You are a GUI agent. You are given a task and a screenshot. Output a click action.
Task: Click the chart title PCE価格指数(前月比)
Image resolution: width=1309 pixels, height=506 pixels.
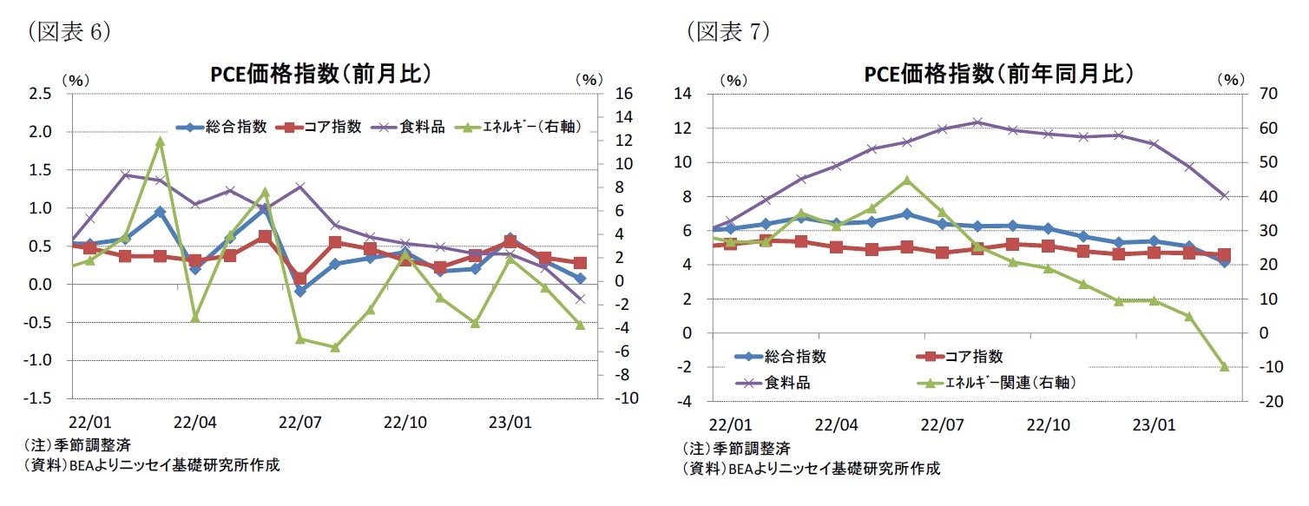pyautogui.click(x=321, y=74)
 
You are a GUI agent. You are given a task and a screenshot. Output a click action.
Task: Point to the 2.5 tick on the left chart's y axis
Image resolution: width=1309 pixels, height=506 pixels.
pyautogui.click(x=40, y=94)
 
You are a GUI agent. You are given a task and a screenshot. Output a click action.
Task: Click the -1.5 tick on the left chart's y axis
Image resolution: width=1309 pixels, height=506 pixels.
pyautogui.click(x=40, y=398)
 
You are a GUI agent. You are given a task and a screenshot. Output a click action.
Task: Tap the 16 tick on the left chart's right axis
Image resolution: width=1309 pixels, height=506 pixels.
pyautogui.click(x=624, y=94)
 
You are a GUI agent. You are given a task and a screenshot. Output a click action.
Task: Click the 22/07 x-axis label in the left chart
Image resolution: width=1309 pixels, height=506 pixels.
pyautogui.click(x=300, y=423)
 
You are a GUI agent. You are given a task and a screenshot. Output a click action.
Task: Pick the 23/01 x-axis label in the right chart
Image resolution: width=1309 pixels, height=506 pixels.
pyautogui.click(x=1154, y=426)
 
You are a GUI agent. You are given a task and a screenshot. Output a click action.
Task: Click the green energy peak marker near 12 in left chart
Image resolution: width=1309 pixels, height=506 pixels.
pyautogui.click(x=161, y=141)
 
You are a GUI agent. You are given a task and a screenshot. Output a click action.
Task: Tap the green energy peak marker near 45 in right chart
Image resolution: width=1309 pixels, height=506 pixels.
pyautogui.click(x=907, y=181)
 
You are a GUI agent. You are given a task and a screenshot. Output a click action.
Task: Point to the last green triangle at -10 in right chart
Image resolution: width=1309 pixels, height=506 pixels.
pyautogui.click(x=1225, y=367)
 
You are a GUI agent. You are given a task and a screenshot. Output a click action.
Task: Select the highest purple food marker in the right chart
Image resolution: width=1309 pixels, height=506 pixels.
pyautogui.click(x=977, y=122)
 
